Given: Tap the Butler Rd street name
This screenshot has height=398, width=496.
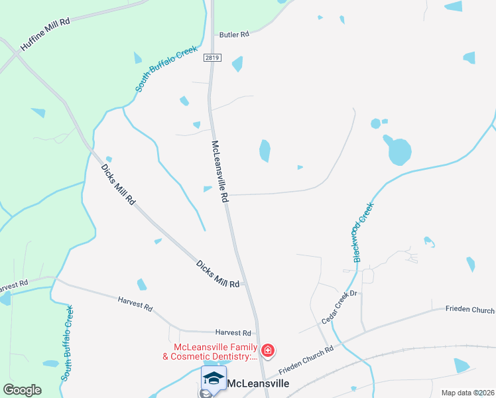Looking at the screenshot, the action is point(234,34).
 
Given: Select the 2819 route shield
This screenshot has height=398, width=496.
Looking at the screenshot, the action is point(212,57).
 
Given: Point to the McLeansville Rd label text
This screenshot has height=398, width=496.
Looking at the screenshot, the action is point(219,170).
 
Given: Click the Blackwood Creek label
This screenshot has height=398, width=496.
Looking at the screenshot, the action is point(364,232).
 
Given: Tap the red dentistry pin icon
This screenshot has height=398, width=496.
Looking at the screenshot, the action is point(268,350).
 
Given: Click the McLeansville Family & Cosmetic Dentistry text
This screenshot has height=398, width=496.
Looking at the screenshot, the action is point(214,352).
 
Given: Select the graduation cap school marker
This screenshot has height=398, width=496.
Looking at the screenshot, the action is point(214,379).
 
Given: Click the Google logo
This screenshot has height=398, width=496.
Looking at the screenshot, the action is point(22,390).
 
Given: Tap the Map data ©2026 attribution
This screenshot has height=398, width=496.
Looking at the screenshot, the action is point(467,393).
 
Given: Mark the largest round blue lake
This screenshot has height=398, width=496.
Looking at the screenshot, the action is point(399,151).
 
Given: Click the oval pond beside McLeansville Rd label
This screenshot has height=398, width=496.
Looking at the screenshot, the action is point(265,151).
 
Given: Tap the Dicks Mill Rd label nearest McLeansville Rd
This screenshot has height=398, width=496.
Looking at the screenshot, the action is point(217,273).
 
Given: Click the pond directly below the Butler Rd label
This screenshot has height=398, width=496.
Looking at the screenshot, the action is point(237,64).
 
